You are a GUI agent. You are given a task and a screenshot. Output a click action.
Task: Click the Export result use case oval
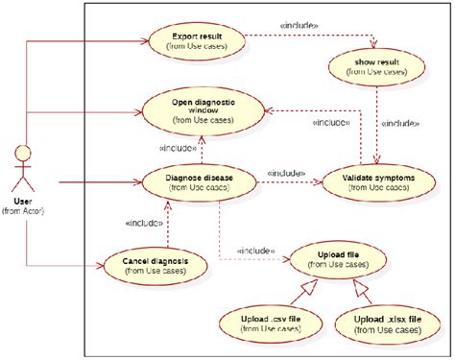click(x=196, y=41)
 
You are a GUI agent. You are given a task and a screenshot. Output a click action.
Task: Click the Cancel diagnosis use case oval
click(x=155, y=264)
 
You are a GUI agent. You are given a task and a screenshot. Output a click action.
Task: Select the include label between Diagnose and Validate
click(x=287, y=173)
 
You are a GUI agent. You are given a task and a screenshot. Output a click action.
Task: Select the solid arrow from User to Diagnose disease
click(x=96, y=180)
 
